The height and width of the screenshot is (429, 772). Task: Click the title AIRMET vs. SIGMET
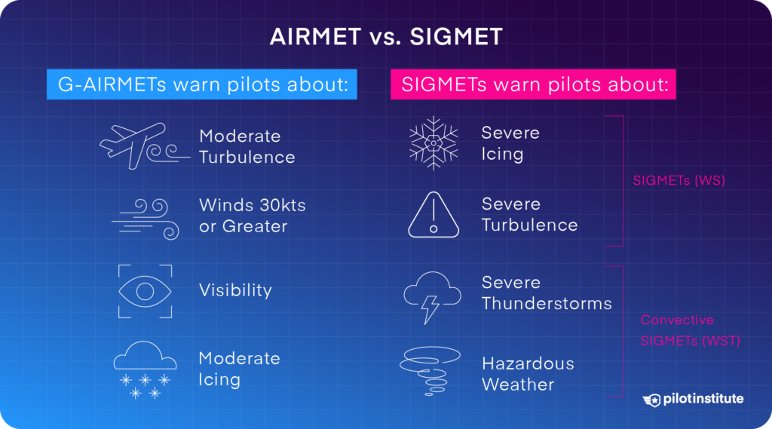(385, 38)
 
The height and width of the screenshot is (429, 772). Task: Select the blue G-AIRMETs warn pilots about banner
(201, 84)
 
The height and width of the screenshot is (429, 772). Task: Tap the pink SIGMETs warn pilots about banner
(533, 84)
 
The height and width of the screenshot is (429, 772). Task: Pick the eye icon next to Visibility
(145, 291)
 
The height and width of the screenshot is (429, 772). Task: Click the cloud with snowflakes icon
(145, 368)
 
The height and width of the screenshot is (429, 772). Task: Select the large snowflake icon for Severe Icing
(433, 142)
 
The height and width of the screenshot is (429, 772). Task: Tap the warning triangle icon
(433, 215)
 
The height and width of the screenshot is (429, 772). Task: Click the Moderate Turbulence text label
(247, 146)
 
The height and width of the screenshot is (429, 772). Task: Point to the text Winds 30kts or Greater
(252, 216)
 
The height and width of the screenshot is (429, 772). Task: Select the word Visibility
(235, 290)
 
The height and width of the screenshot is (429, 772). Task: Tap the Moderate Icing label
(239, 369)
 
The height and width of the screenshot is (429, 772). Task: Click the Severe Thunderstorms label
(546, 293)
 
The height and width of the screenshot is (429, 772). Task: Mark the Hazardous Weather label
(528, 374)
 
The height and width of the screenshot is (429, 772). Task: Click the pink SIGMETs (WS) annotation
(678, 180)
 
